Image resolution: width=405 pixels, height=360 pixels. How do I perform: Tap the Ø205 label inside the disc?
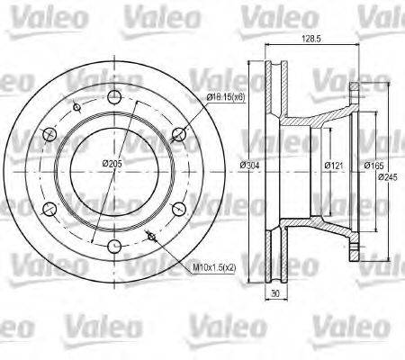(112, 163)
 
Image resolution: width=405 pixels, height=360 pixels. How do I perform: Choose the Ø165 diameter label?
(373, 166)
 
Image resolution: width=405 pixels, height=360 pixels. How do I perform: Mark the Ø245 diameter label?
(389, 176)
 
